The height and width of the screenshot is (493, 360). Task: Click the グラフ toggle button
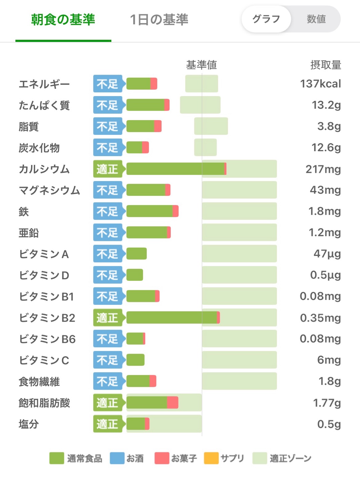click(266, 19)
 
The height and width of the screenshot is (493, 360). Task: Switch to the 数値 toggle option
click(316, 19)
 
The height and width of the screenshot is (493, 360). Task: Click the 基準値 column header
click(201, 65)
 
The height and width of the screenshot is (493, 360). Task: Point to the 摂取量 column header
click(325, 65)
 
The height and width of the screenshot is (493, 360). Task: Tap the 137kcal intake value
click(320, 84)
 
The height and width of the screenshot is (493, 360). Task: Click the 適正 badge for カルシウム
click(108, 169)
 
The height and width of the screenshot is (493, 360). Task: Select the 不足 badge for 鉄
click(108, 211)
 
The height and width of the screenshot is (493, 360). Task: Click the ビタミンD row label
click(44, 276)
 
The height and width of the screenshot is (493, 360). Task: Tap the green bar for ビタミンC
click(135, 360)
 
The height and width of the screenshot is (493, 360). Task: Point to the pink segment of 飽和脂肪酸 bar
click(172, 403)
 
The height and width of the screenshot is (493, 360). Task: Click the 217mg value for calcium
click(323, 169)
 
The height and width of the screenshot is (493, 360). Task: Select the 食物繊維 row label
click(39, 382)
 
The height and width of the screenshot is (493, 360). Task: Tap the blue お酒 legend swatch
click(117, 458)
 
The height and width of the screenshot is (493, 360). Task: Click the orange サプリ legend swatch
click(211, 458)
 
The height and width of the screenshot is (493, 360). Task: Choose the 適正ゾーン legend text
click(290, 458)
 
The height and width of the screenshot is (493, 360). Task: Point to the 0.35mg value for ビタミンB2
click(320, 318)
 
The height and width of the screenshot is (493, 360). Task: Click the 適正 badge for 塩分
click(108, 424)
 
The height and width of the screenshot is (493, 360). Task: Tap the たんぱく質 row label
click(44, 105)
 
